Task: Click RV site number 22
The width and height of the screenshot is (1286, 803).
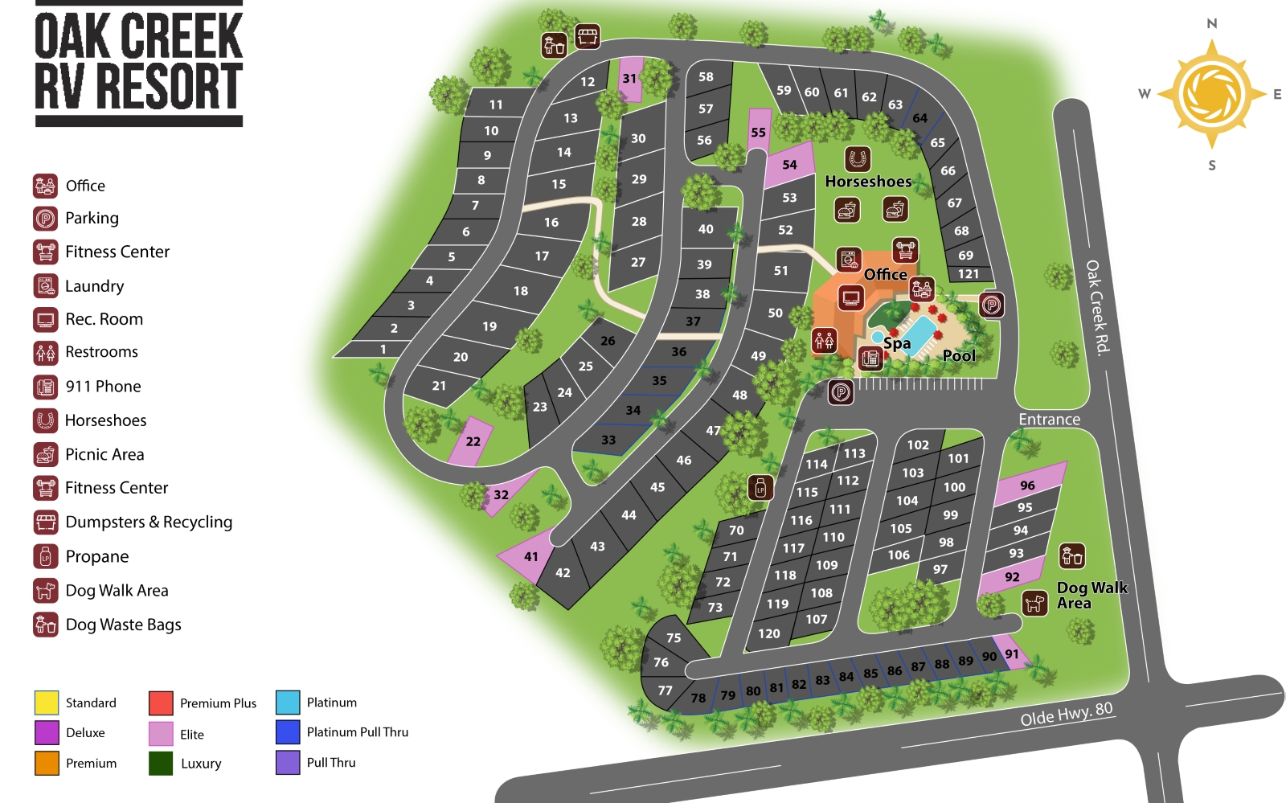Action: coord(473,441)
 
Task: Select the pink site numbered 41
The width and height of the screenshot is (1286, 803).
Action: coord(530,556)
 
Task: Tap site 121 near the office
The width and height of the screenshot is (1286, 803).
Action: coord(969,274)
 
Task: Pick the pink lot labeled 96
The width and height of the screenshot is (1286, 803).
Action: coord(1027,485)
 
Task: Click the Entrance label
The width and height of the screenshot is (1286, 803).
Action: coord(1049,420)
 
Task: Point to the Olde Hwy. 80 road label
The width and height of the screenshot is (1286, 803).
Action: coord(1067,714)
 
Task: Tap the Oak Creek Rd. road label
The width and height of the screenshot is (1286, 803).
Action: coord(1098,306)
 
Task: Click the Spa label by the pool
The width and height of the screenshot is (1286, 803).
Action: coord(897,344)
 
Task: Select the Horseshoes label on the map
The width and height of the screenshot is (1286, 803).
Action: coord(868,182)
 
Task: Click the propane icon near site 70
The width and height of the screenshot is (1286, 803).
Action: coord(760,487)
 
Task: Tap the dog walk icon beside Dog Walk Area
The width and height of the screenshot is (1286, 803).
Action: coord(1034,602)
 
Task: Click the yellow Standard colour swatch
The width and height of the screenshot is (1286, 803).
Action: coord(47,703)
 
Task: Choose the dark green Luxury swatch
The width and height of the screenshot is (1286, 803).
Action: coord(161,763)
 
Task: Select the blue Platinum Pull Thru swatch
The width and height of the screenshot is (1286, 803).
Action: coord(288,732)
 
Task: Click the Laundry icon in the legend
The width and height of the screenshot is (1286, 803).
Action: coord(46,285)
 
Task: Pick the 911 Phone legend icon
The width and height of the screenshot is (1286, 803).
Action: coord(46,387)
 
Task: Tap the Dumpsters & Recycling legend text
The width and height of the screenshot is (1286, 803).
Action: coord(149,522)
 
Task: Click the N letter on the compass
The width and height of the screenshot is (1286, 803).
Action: coord(1211,24)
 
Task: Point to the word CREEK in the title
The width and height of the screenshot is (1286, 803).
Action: coord(182,37)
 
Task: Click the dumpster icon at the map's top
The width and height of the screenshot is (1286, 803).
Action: coord(588,36)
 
